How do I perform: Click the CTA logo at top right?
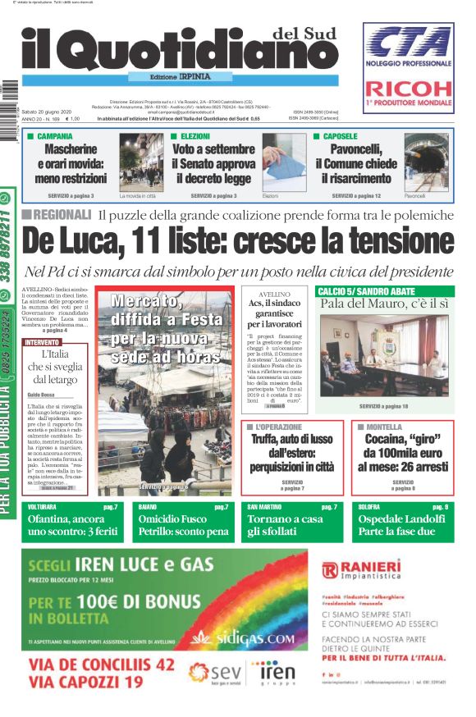(x=409, y=43)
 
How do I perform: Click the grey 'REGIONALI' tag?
(x=56, y=215)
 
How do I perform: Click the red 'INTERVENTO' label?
(x=42, y=341)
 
